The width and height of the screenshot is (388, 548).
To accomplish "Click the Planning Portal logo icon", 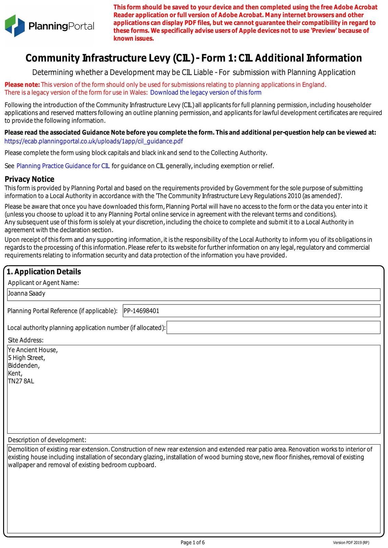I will coord(15,26).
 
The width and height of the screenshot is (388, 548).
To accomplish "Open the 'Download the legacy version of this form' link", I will coord(206,92).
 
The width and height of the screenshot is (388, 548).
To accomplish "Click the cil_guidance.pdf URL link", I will coord(94,141).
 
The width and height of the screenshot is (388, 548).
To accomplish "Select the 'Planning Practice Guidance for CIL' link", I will coord(63,166).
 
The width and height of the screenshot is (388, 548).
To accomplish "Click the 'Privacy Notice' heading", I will coord(29,179).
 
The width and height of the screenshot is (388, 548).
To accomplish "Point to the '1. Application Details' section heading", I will coord(44,272).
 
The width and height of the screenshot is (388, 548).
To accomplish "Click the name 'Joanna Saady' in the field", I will coord(27,294).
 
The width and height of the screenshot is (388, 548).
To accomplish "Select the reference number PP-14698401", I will coord(142,311).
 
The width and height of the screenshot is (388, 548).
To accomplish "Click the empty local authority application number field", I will coord(273,327).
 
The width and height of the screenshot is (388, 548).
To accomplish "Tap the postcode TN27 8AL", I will coord(21,381).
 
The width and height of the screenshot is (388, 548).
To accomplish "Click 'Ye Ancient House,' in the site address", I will coord(33,350).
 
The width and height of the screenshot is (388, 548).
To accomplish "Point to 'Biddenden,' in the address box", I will coord(24,365).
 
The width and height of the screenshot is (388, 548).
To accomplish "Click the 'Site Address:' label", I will coord(26,340).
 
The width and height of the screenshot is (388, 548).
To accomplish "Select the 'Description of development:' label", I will coord(47,440).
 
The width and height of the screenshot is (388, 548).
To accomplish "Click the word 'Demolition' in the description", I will coord(24,449).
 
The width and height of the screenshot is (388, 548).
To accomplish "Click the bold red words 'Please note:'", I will coord(22,85).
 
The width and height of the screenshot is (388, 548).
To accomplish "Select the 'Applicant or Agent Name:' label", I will coord(44,283).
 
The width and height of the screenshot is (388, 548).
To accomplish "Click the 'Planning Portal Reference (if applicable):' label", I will coord(62,311).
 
